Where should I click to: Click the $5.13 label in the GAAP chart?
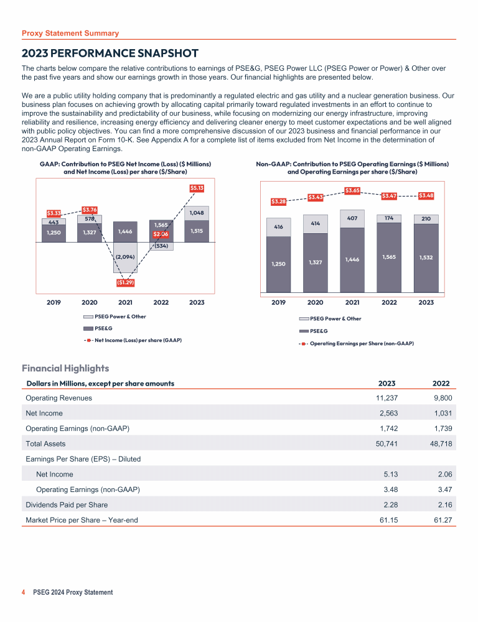(197, 187)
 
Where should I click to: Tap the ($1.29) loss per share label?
(126, 283)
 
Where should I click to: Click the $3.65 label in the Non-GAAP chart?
(353, 190)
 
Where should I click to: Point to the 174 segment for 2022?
(389, 218)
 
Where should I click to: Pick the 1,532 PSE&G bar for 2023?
(426, 257)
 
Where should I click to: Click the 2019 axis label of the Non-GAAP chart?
(278, 302)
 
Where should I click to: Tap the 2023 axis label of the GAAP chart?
(197, 302)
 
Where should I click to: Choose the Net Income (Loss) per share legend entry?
(138, 340)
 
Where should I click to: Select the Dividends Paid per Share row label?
(67, 504)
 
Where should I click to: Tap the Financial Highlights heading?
(65, 368)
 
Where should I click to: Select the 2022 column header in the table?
(440, 383)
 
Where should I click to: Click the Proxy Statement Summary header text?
(70, 33)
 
